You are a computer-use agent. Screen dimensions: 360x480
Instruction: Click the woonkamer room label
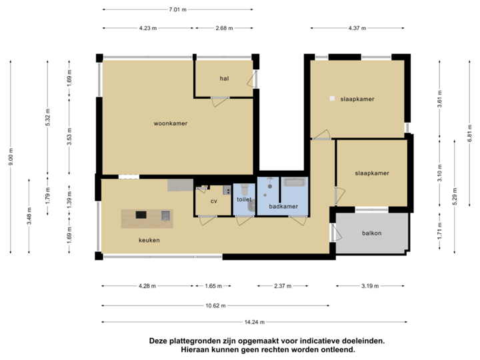[x=170, y=123]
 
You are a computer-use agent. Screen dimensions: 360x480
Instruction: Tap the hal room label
[x=224, y=79]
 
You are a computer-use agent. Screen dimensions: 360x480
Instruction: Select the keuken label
[x=149, y=240]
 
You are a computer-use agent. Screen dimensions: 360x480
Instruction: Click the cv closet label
[x=214, y=201]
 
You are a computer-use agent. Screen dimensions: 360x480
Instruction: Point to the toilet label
[x=244, y=199]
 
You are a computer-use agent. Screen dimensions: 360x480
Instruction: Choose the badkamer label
[x=283, y=207]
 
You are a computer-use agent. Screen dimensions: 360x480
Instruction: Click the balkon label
[x=371, y=233]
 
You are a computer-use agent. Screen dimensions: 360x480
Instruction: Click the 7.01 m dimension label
[x=177, y=9]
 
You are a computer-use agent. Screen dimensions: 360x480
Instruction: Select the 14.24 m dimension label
[x=251, y=322]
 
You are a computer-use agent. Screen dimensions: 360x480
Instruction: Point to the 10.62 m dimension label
[x=215, y=306]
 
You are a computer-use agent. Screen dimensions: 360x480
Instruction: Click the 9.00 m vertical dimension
[x=11, y=157]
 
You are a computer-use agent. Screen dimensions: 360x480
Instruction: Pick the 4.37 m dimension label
[x=357, y=28]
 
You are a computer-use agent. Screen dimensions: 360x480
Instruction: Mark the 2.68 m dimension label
[x=223, y=28]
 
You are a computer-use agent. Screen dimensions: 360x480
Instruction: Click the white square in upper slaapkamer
[x=331, y=99]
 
